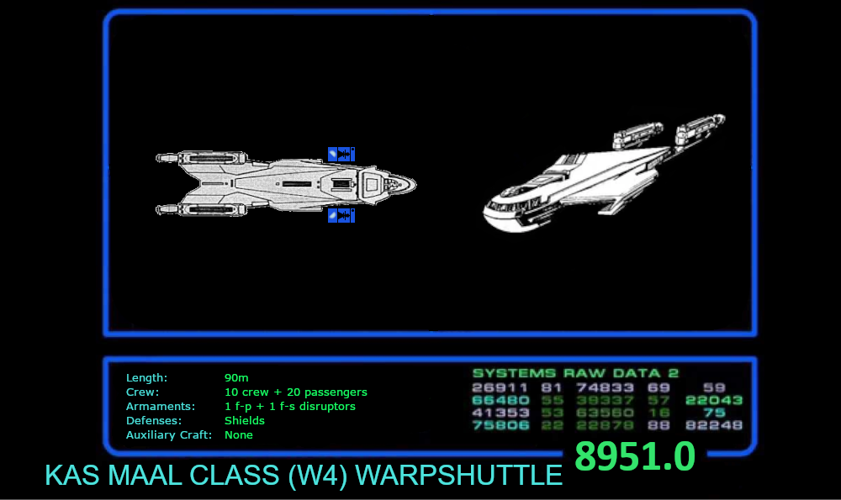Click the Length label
[x=146, y=378]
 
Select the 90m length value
[x=236, y=378]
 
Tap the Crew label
[x=142, y=392]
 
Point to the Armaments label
[x=160, y=407]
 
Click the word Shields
[x=245, y=421]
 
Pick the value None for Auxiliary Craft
[x=239, y=435]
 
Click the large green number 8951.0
[x=635, y=456]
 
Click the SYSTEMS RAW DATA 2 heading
[x=575, y=373]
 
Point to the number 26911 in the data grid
[x=500, y=387]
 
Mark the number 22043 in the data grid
[x=714, y=400]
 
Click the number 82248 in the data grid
[x=714, y=425]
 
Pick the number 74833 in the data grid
[x=605, y=387]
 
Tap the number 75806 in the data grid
[x=500, y=425]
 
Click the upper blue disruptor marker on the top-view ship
[x=341, y=154]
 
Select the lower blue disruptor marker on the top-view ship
[x=341, y=216]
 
